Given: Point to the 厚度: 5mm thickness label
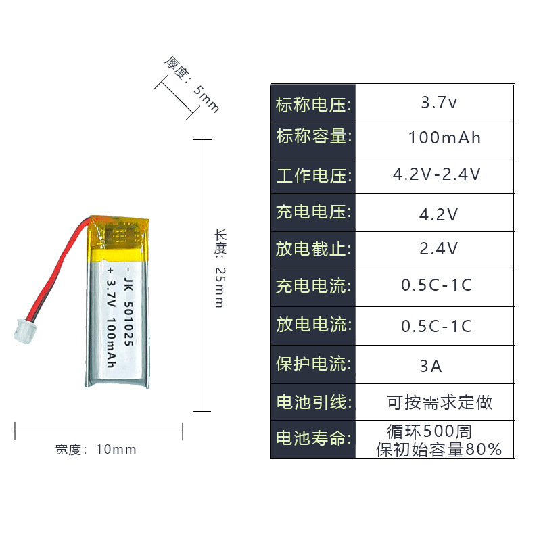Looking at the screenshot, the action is (x=192, y=85).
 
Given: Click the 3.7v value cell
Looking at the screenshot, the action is (x=439, y=103).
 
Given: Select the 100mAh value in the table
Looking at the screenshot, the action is (x=444, y=138).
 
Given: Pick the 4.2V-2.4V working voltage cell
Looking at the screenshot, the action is (x=437, y=174).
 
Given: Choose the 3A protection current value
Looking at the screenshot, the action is (x=431, y=367).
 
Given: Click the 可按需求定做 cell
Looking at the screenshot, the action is (x=440, y=403).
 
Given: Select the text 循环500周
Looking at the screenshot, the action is (x=429, y=431).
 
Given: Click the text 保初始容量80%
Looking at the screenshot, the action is (x=439, y=449).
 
